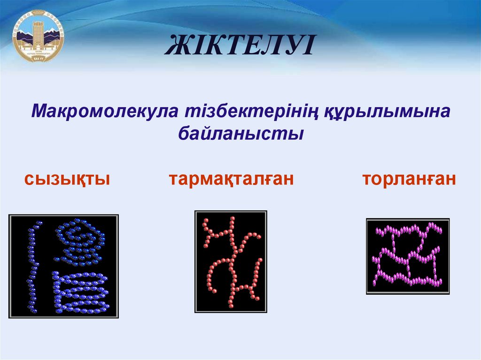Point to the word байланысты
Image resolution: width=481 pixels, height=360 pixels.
point(240,134)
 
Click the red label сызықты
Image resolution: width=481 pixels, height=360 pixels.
point(68,179)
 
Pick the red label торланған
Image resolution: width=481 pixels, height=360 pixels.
point(409,179)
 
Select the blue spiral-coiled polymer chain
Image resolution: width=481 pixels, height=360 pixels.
point(80,241)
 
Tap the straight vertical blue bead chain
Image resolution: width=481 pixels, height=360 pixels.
point(32,266)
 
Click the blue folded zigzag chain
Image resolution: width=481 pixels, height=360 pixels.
point(80,292)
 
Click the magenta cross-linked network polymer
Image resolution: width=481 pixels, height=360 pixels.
point(407,256)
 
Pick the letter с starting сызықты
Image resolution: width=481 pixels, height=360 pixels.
point(29,180)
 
